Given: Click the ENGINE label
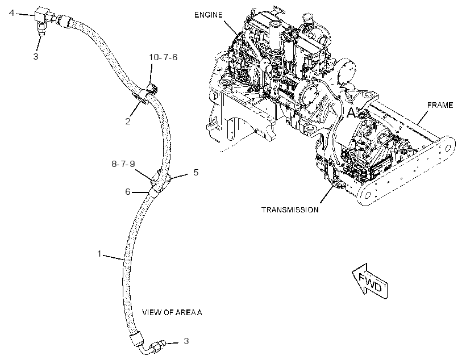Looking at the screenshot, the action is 208,15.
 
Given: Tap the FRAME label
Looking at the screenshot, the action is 440,105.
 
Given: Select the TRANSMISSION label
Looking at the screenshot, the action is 290,210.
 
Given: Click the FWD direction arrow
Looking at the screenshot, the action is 370,281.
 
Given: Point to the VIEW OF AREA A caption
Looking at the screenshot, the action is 172,312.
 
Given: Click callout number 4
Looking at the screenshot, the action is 11,13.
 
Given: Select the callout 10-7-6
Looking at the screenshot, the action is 163,57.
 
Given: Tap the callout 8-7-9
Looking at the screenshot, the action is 123,164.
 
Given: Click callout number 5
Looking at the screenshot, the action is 195,172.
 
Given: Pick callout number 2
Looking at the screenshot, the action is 128,121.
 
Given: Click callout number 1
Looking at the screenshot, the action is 99,254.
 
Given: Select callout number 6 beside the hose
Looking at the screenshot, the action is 127,192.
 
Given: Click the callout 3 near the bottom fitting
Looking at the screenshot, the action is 186,341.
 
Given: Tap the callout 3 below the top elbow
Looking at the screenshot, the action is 36,56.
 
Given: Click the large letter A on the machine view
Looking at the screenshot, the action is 352,113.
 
